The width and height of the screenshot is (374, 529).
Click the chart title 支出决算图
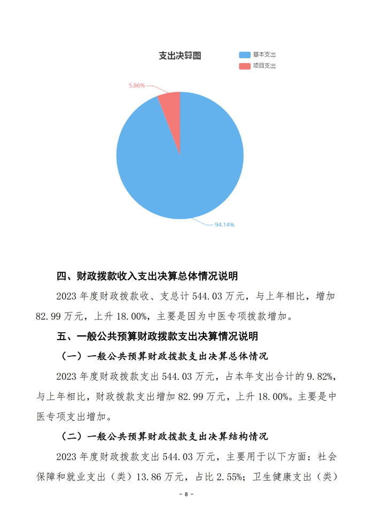coord(180,56)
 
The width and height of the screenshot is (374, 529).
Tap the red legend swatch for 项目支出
coord(245,66)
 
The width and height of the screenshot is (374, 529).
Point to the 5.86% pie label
coord(137,85)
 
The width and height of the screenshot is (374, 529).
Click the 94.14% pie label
coord(224,225)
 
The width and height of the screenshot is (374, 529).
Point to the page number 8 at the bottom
coord(186,494)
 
